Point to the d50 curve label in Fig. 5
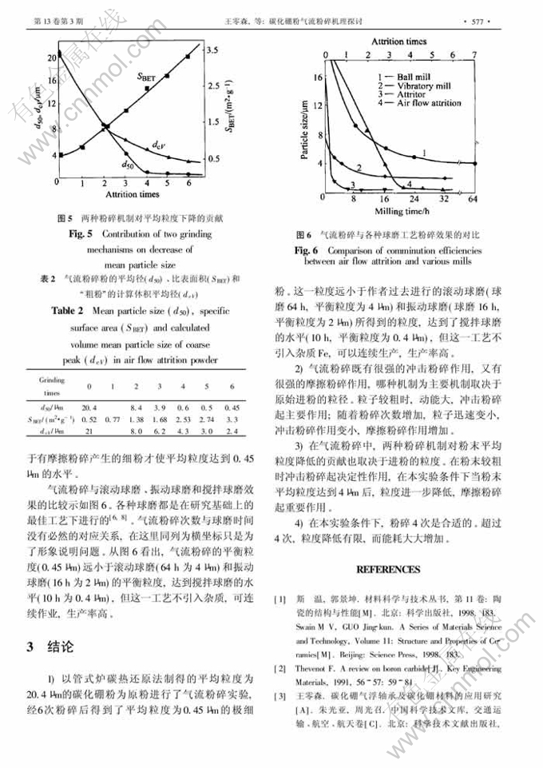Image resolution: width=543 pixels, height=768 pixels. pyautogui.click(x=126, y=164)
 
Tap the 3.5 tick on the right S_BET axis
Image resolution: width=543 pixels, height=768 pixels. pyautogui.click(x=212, y=50)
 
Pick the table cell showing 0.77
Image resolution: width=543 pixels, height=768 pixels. pyautogui.click(x=113, y=420)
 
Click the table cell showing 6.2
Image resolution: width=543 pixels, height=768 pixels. pyautogui.click(x=160, y=432)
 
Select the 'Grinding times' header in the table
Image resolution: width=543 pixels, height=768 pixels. pyautogui.click(x=52, y=387)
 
